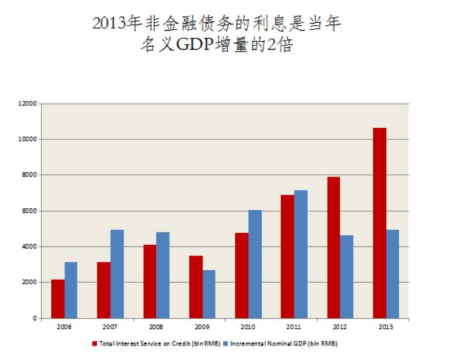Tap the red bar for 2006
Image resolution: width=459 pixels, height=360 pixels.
[58, 299]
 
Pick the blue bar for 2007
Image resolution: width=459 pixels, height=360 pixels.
[117, 274]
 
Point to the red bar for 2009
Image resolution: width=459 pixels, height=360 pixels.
[195, 287]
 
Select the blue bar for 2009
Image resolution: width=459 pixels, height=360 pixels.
[209, 294]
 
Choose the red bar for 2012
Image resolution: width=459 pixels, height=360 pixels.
[333, 247]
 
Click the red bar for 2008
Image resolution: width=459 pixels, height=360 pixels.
[149, 282]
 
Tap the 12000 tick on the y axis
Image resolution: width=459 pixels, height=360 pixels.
[28, 103]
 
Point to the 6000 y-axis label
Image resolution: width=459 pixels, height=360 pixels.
[30, 211]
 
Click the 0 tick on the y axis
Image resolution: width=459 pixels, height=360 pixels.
[35, 318]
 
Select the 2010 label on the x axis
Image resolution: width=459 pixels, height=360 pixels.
[248, 327]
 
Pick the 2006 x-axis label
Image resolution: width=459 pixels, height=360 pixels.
[64, 327]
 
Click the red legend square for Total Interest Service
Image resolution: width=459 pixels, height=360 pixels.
[94, 344]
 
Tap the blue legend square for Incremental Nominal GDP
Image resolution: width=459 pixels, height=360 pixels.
[226, 344]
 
